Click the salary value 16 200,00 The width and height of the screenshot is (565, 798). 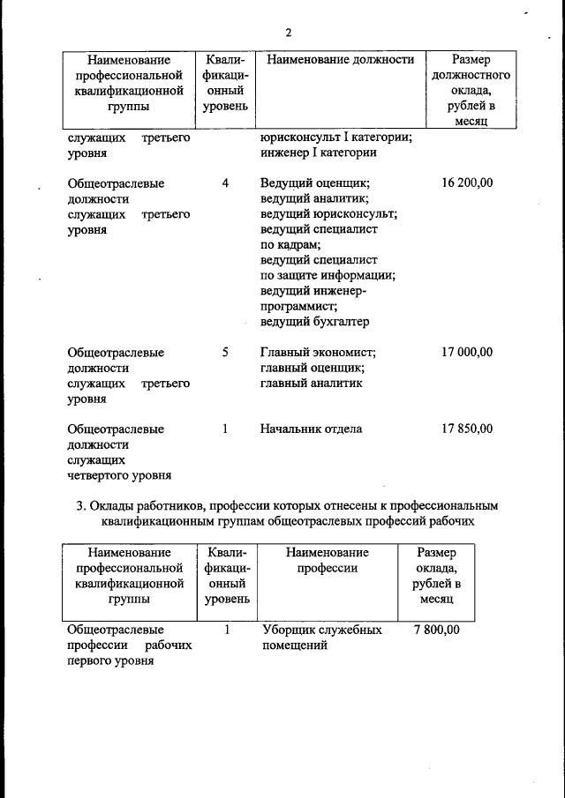[x=466, y=183]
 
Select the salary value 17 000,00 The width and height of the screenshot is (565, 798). [x=466, y=352]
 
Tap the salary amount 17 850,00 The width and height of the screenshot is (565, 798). [x=466, y=429]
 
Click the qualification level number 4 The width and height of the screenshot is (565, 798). [x=225, y=183]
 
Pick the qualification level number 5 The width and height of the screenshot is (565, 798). [x=225, y=352]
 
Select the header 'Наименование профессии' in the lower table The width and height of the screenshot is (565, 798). [x=327, y=560]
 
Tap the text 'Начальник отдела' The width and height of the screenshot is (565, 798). [x=311, y=429]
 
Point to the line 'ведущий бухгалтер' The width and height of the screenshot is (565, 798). [x=314, y=322]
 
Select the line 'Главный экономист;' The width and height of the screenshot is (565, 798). [x=319, y=352]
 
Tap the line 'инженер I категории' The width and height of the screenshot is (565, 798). [x=319, y=153]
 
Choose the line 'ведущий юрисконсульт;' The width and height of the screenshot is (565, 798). [x=328, y=214]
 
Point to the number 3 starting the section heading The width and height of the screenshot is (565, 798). [x=80, y=506]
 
